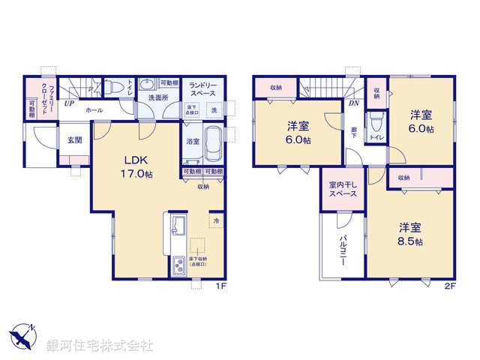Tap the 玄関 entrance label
72,139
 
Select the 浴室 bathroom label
192,141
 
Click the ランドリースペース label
203,91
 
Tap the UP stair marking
68,103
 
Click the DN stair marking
352,104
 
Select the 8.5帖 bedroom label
409,234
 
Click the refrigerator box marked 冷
215,221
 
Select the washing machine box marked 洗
213,111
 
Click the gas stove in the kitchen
179,265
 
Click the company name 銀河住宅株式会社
100,346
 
